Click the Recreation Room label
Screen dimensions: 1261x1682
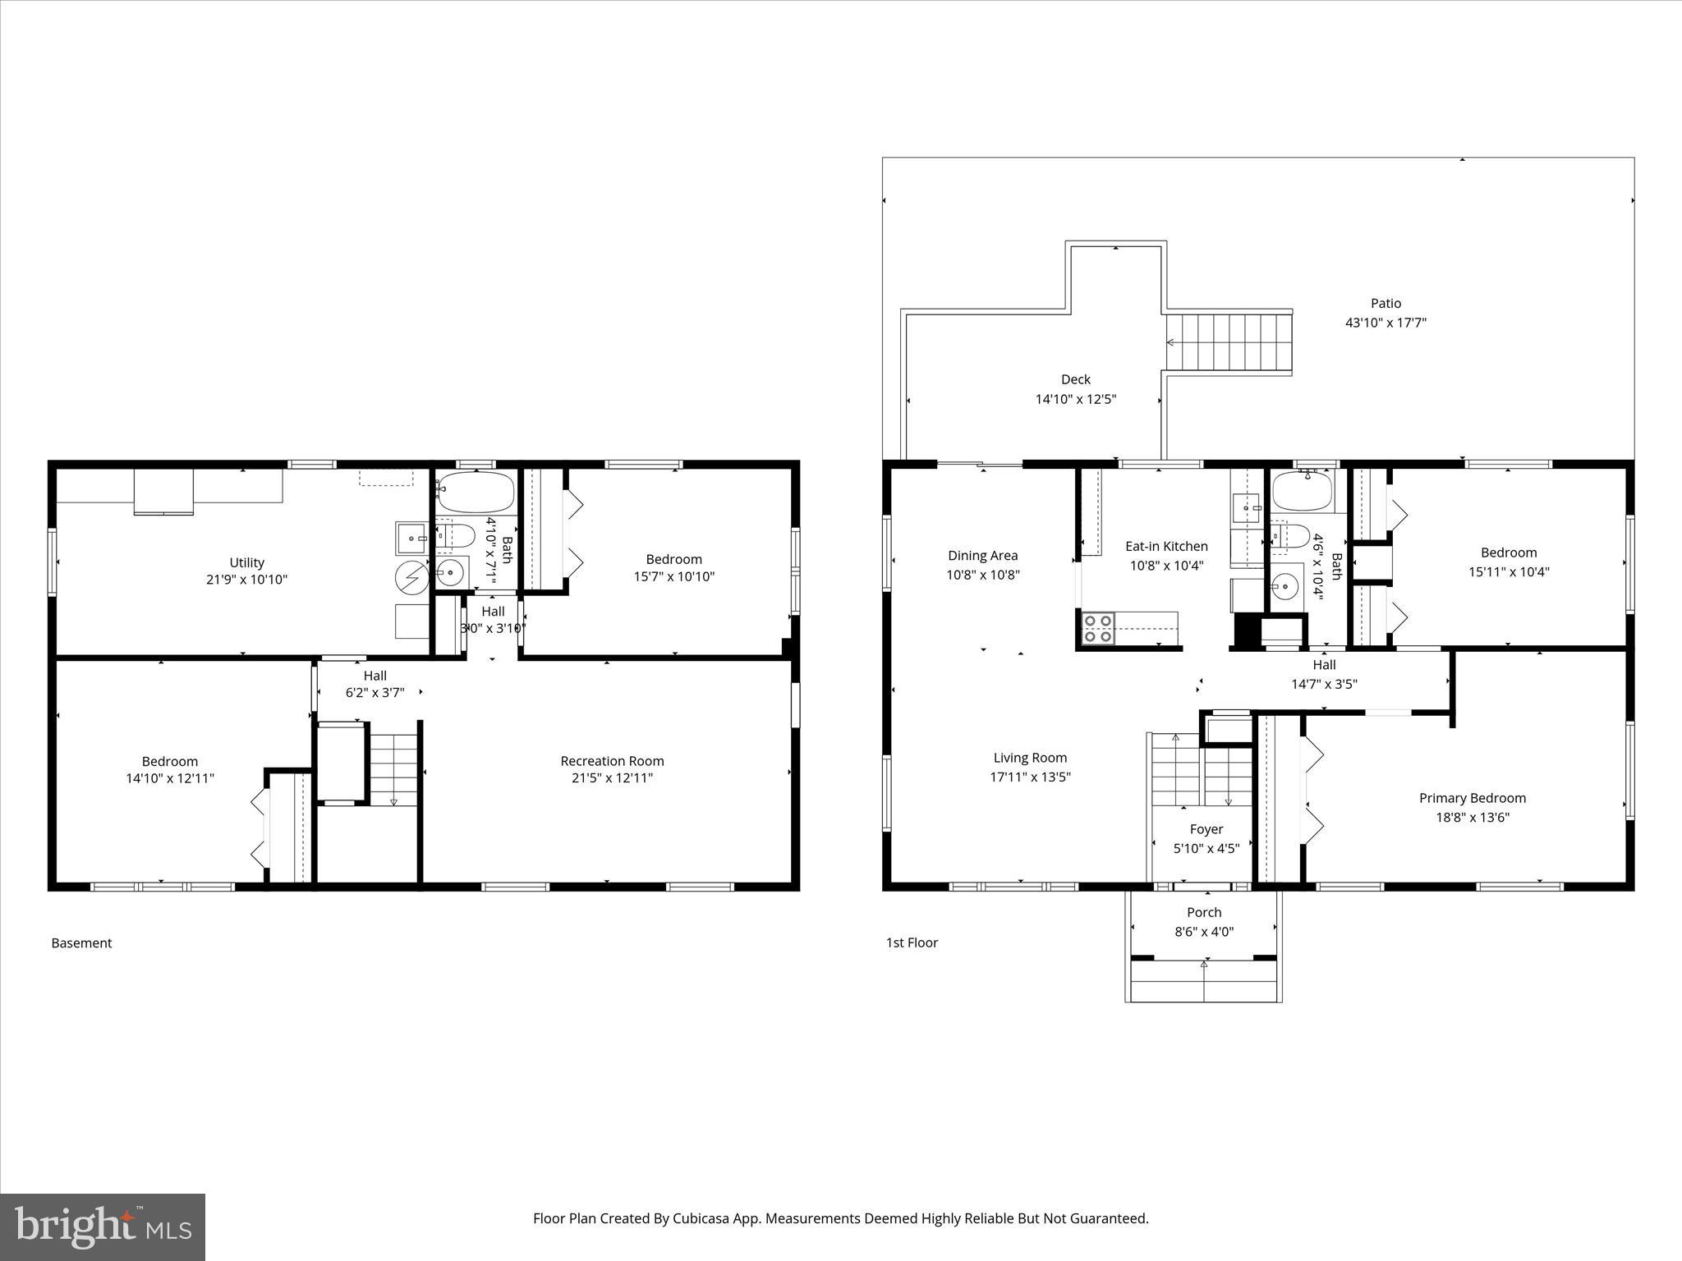tap(612, 761)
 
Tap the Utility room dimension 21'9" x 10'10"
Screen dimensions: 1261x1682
tap(246, 580)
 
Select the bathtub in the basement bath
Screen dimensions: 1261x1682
tap(476, 492)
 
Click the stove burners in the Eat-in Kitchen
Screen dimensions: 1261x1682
tap(1098, 628)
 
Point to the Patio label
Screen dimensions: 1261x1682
tap(1386, 304)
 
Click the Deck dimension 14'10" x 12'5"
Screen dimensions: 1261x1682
tap(1075, 400)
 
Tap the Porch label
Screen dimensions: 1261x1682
tap(1204, 912)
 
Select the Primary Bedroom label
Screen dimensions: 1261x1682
tap(1472, 798)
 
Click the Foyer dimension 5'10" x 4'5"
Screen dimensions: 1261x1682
tap(1206, 849)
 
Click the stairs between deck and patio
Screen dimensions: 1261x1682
tap(1229, 342)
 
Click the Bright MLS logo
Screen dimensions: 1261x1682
tap(103, 1227)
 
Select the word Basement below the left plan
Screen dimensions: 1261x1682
tap(81, 943)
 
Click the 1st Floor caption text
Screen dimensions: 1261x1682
tap(912, 942)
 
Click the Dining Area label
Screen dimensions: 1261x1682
tap(982, 556)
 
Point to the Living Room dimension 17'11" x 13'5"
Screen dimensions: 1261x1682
tap(1030, 777)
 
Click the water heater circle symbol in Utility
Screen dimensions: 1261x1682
tap(412, 578)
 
